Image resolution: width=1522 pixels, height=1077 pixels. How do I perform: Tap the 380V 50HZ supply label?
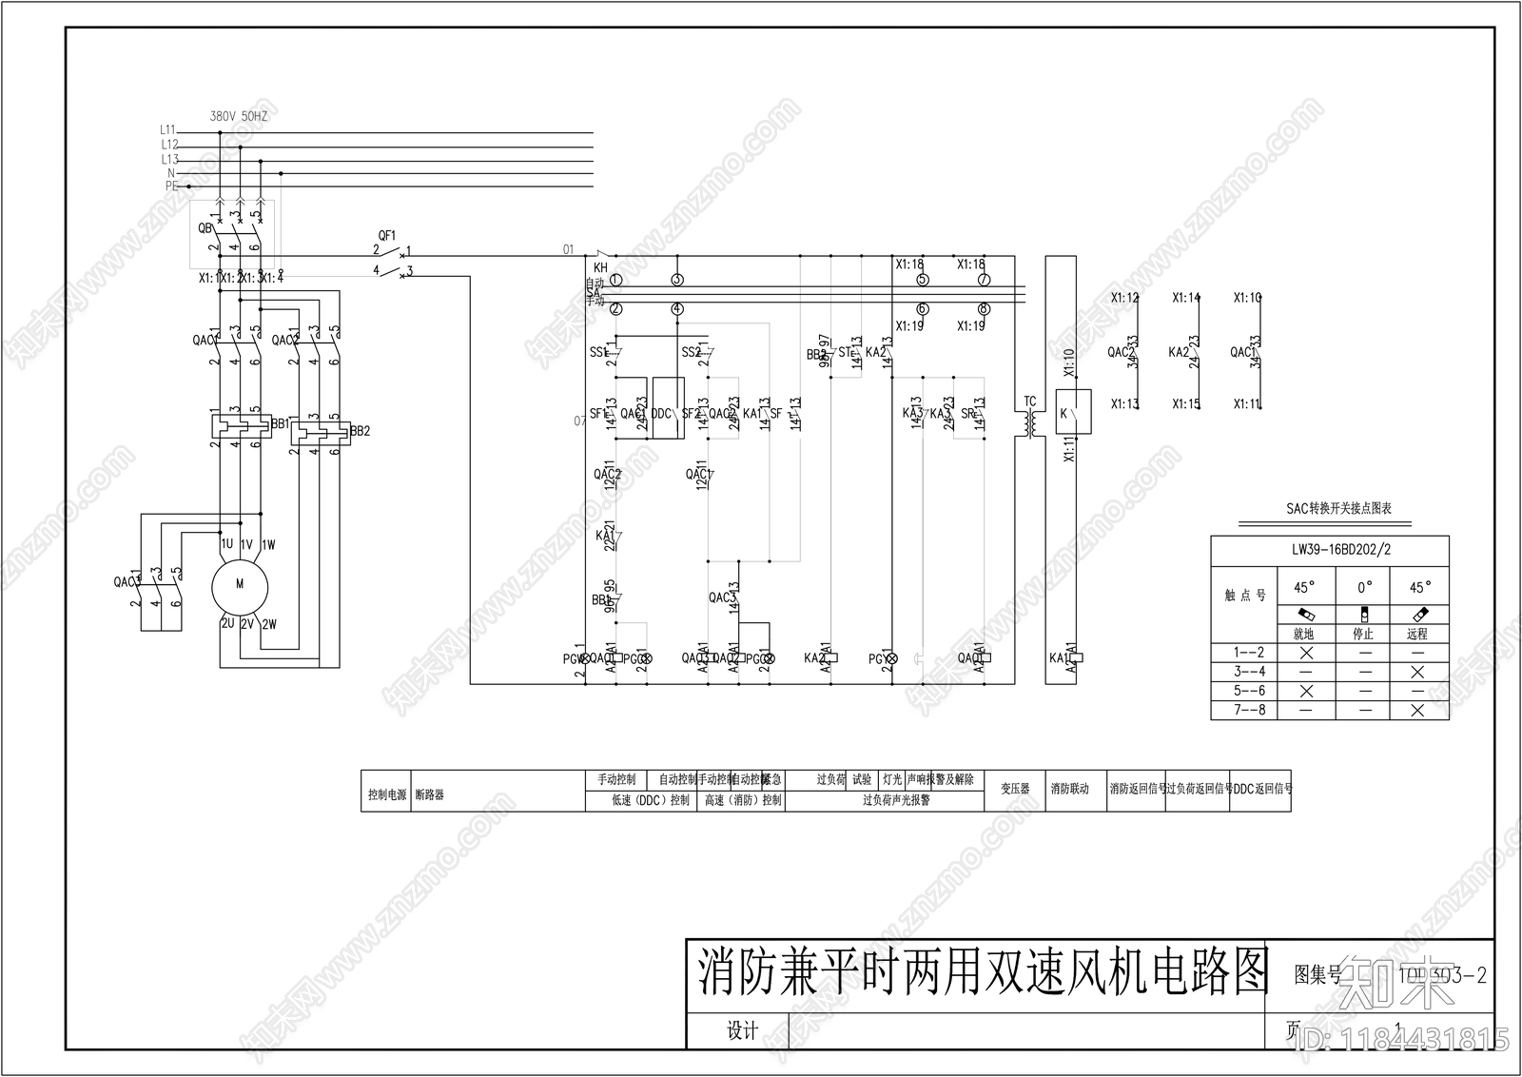coord(239,116)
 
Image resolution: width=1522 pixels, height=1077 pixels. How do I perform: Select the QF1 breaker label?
coord(386,235)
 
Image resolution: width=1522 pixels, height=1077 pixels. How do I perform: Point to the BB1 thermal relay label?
coord(280,423)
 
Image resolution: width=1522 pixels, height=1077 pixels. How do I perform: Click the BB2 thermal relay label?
coord(360,431)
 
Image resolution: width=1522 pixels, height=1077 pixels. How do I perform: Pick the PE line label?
coord(171,186)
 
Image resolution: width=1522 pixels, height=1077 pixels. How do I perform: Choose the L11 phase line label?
coord(167,129)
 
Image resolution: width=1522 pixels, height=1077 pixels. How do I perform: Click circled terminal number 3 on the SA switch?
coord(677,280)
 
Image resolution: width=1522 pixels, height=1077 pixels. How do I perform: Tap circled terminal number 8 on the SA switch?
coord(984,308)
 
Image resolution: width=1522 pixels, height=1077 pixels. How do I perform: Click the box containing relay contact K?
coord(1074,412)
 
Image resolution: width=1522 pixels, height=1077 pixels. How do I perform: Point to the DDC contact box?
coord(668,409)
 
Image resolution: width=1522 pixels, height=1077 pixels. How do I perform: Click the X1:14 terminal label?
coord(1186,298)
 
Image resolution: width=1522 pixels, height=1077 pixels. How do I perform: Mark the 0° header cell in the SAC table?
coord(1363,588)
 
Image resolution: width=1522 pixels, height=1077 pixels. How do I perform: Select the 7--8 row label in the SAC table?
coord(1249,710)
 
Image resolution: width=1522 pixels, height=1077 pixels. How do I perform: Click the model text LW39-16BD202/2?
coord(1329,550)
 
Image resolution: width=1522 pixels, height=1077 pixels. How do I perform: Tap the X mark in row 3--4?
coord(1417,672)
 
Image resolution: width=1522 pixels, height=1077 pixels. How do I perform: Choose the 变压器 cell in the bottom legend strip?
coord(1015,790)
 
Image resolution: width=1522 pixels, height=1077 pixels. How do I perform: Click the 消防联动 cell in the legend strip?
coord(1070,790)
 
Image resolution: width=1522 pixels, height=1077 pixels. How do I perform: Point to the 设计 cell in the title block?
coord(742,1031)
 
